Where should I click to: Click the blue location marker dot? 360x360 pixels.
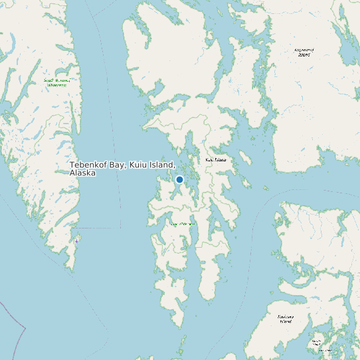tap(179, 179)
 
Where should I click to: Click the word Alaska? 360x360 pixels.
tap(82, 173)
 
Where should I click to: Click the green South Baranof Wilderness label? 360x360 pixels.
tap(56, 83)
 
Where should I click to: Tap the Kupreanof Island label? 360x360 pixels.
tap(304, 52)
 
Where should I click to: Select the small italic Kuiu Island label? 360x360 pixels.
tap(216, 160)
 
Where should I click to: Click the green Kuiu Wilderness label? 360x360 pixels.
tap(183, 224)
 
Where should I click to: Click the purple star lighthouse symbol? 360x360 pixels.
tap(76, 241)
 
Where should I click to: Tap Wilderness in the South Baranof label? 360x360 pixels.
tap(56, 86)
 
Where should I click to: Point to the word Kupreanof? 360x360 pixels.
tap(304, 49)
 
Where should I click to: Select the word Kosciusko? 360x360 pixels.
tap(285, 316)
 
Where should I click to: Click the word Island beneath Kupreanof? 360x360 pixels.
tap(304, 54)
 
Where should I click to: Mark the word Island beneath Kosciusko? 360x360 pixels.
tap(285, 321)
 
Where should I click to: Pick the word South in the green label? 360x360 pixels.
tap(48, 80)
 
